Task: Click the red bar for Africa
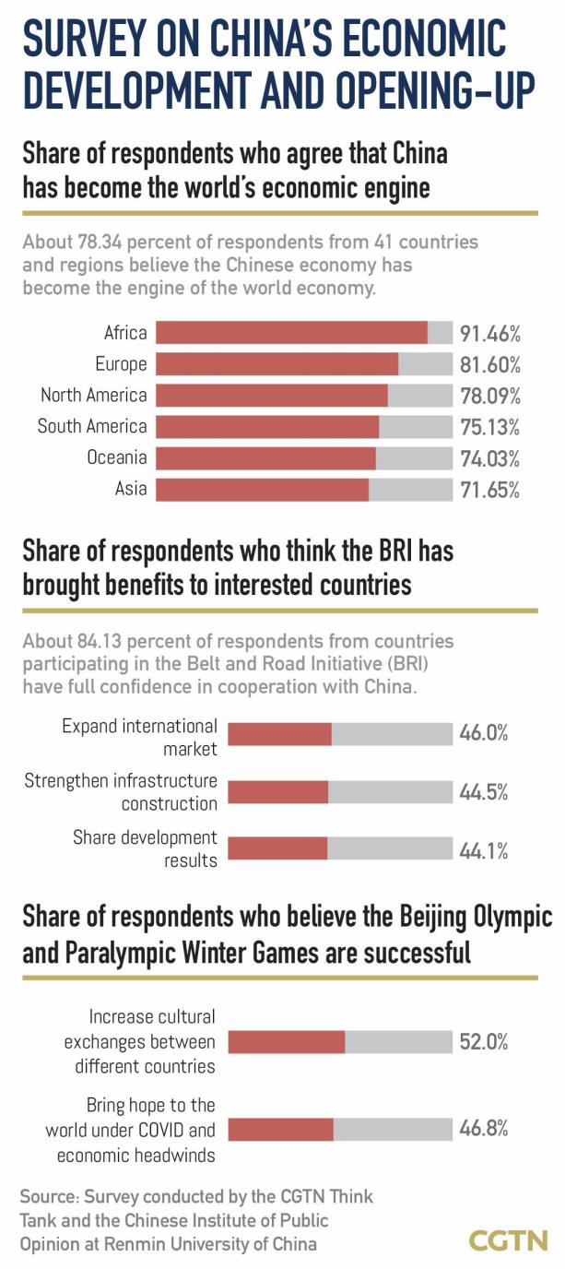[x=291, y=332]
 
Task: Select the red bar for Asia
[x=262, y=489]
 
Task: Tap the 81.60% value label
[x=490, y=364]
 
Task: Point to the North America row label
[x=93, y=396]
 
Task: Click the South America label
[x=92, y=426]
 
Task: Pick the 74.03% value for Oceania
[x=490, y=458]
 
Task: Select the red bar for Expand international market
[x=279, y=734]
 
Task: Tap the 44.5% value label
[x=484, y=792]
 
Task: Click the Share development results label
[x=146, y=848]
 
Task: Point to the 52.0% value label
[x=484, y=1041]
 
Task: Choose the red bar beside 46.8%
[x=280, y=1129]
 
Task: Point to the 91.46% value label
[x=490, y=333]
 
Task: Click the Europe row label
[x=121, y=364]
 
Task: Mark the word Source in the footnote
[x=48, y=1197]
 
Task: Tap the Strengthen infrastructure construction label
[x=122, y=792]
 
